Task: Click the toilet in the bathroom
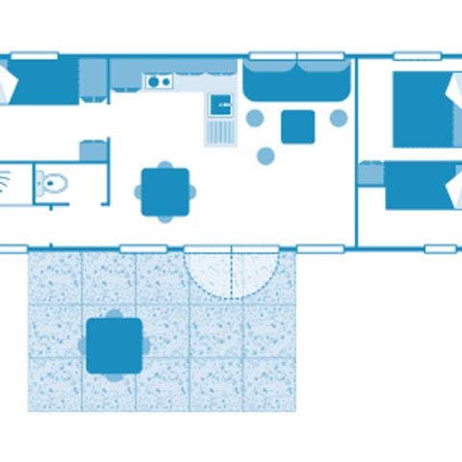55,182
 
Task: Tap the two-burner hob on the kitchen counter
159,82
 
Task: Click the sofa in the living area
295,79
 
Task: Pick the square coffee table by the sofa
297,126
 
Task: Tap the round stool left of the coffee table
255,118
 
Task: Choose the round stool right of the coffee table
339,118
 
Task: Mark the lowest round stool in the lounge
266,155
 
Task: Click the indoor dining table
166,192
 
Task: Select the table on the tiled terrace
115,345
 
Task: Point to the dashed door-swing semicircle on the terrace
232,274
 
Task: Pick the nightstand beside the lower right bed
371,173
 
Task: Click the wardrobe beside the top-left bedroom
92,79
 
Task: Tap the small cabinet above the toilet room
93,150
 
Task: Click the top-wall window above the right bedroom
418,56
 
